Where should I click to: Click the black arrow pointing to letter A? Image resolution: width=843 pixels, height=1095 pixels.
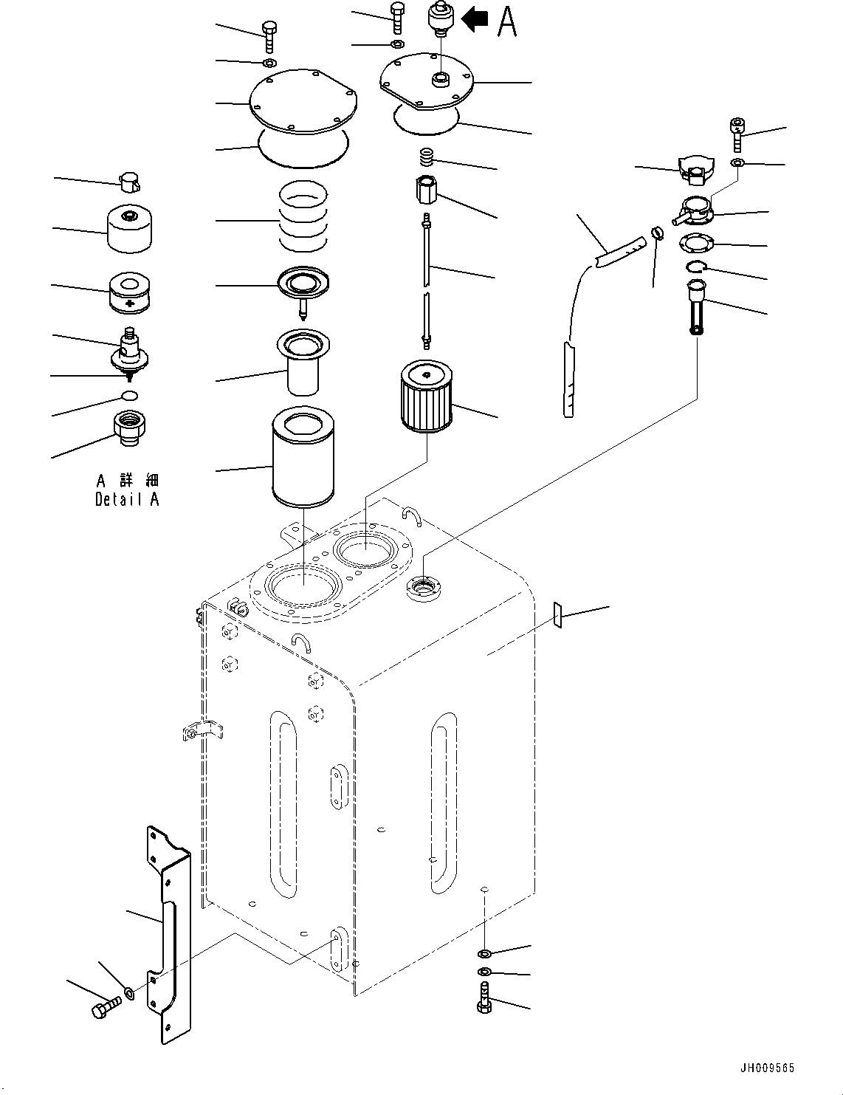pos(475,20)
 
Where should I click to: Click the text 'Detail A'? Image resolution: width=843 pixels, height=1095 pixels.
pos(127,500)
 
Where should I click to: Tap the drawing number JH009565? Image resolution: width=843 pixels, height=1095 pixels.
pos(767,1068)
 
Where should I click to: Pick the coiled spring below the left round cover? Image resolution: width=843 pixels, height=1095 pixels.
pos(303,217)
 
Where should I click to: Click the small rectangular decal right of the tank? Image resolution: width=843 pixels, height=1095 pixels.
pos(558,614)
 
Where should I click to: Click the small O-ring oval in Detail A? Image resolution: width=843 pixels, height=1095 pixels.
pos(128,397)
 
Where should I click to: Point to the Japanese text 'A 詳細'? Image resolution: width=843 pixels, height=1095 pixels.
pos(127,481)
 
